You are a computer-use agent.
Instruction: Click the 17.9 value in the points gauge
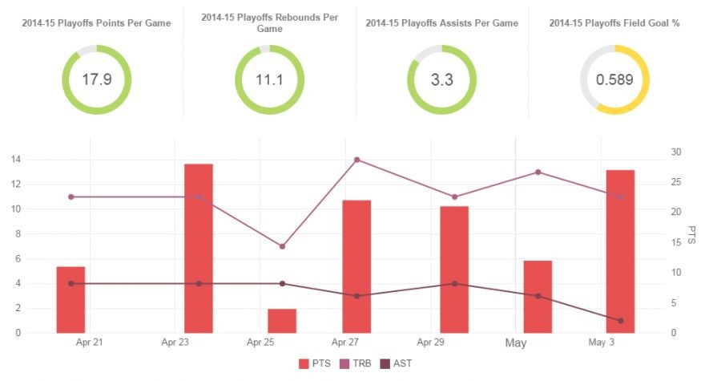pos(96,79)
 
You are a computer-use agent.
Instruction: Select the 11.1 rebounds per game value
pos(269,79)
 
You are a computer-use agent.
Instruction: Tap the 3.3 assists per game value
pos(441,79)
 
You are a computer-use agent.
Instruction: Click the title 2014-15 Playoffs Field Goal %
pos(614,23)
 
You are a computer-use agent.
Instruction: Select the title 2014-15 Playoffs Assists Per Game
pos(441,23)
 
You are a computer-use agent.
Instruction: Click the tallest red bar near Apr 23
pos(199,248)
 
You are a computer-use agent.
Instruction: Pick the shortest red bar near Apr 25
pos(282,321)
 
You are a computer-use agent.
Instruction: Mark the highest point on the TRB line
pos(356,160)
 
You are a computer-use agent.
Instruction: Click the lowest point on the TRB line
pos(282,246)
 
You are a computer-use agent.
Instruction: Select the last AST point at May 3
pos(620,321)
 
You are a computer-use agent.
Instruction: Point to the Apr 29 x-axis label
pos(432,342)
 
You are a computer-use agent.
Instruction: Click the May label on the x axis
pos(516,343)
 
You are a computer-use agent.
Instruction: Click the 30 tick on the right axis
pos(676,152)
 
